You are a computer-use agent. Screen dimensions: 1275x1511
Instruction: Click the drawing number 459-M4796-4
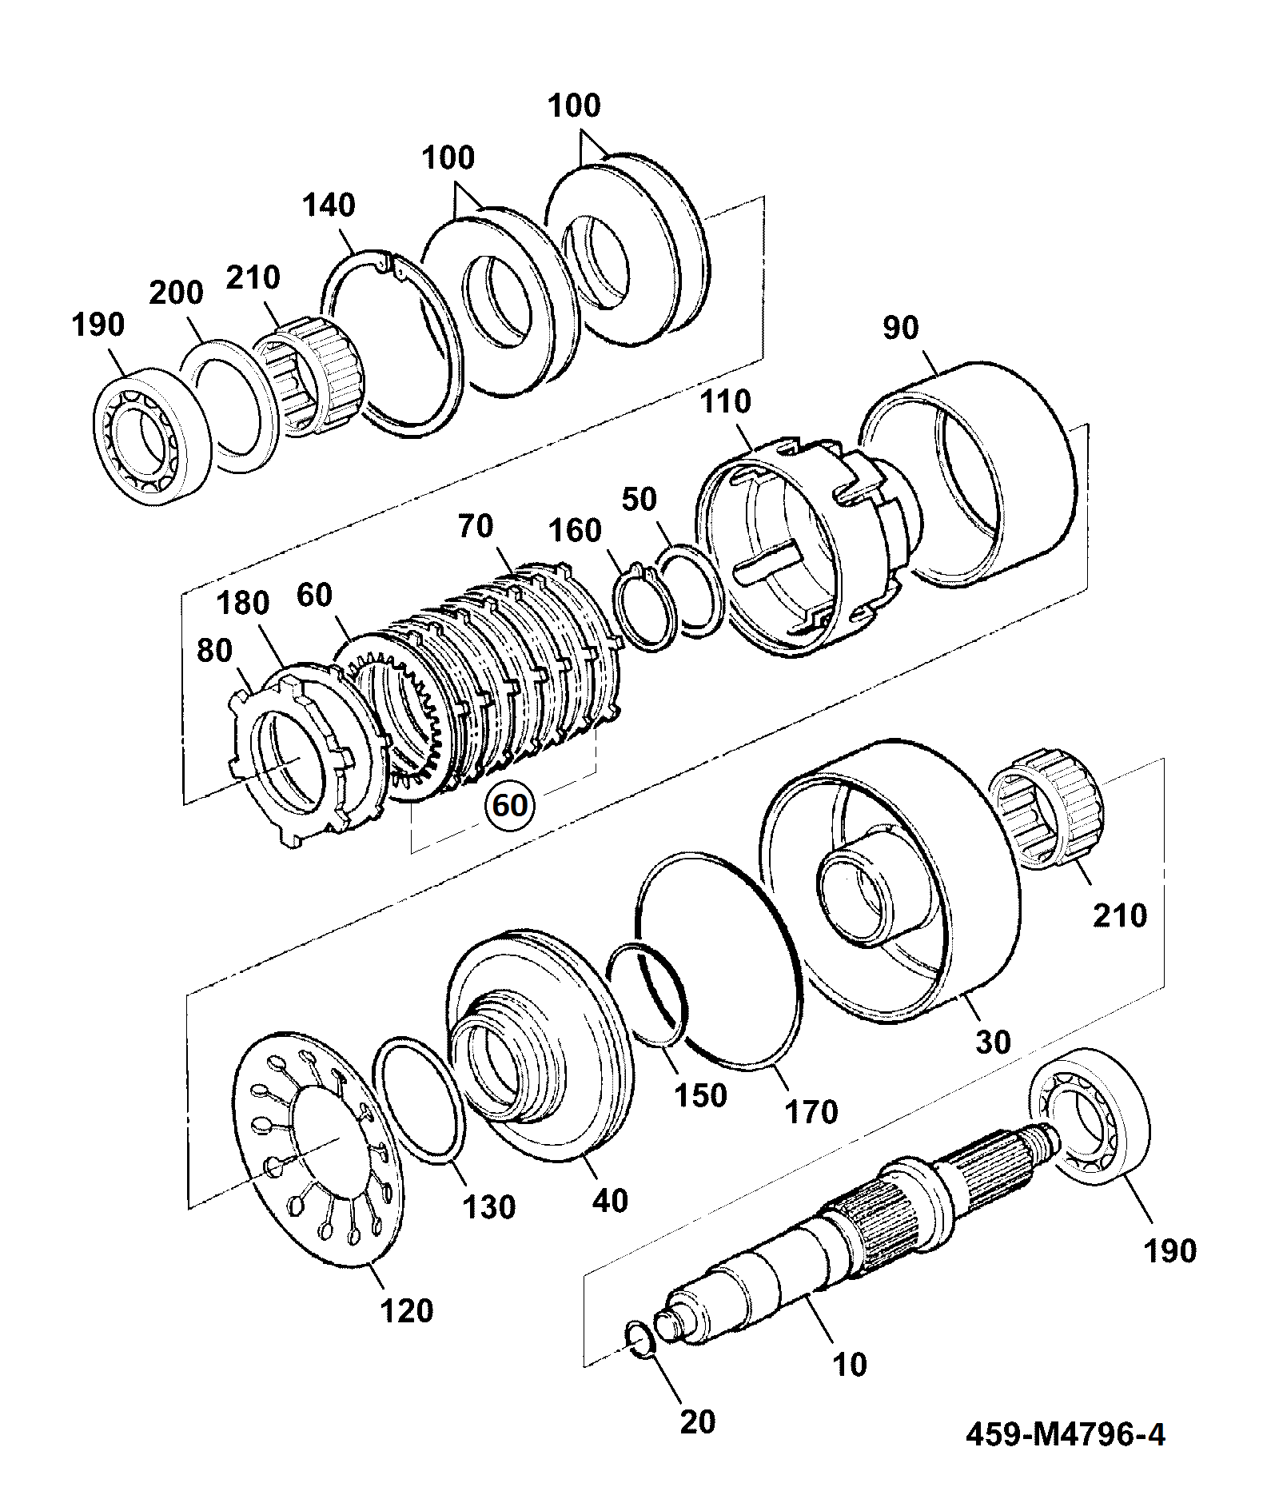point(1066,1435)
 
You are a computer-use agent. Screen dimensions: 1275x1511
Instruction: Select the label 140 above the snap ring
point(329,205)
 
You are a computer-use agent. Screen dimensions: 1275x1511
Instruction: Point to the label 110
point(727,401)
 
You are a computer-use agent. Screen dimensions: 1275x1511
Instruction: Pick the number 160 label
point(576,530)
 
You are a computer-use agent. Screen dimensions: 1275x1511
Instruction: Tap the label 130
point(489,1206)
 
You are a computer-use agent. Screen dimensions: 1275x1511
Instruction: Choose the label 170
point(811,1111)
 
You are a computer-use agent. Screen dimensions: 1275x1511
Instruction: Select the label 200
point(176,293)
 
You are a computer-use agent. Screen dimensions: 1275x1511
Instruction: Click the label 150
point(699,1095)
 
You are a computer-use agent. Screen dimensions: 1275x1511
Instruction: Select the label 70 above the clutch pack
point(476,527)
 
